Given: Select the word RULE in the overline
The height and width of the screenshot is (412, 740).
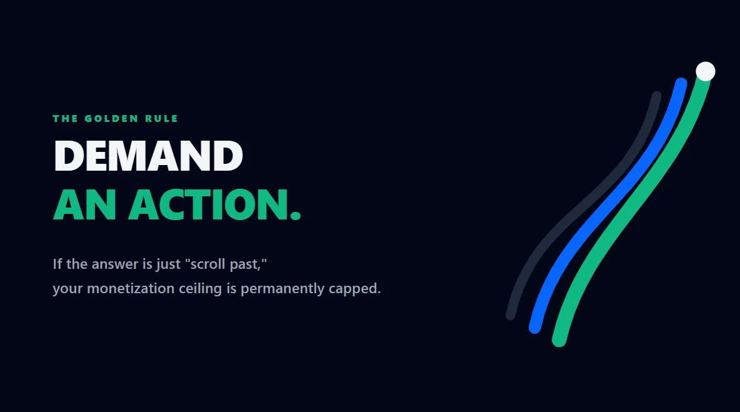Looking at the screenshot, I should (x=166, y=118).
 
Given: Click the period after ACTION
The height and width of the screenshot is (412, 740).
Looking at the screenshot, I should (x=296, y=215).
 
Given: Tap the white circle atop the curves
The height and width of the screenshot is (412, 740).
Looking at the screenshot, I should (x=706, y=71).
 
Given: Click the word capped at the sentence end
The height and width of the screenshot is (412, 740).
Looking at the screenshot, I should (x=354, y=289).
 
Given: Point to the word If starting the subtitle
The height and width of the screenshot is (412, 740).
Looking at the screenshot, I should (x=57, y=264).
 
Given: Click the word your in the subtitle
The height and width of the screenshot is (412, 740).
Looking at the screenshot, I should (x=67, y=289).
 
